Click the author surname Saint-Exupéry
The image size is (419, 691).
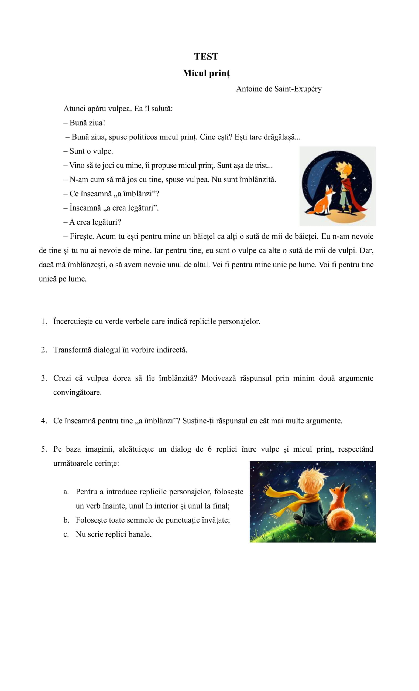[298, 89]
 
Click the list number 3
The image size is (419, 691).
[44, 378]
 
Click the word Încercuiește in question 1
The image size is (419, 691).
[73, 322]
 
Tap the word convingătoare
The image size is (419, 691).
[77, 393]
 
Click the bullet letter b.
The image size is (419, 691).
[66, 520]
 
